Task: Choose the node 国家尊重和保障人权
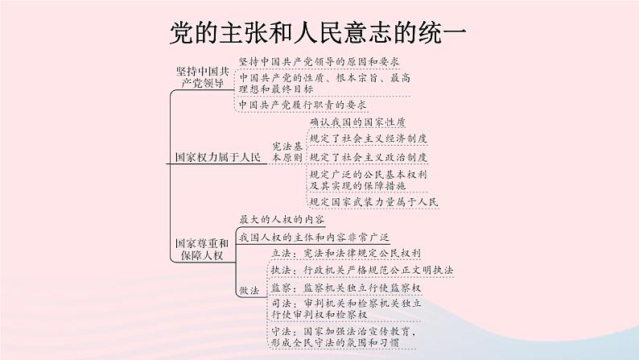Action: (203, 247)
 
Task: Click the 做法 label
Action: (249, 289)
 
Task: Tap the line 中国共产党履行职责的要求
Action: (303, 106)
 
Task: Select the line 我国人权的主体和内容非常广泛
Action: (314, 237)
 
